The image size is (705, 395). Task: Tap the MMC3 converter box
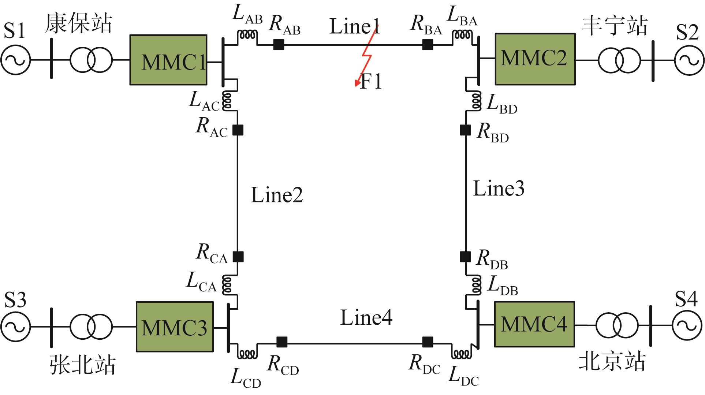tap(175, 327)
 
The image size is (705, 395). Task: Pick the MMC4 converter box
tap(534, 324)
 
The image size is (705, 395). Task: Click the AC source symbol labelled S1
tap(15, 60)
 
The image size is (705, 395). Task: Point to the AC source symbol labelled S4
tap(687, 325)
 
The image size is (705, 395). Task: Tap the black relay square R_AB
tap(279, 45)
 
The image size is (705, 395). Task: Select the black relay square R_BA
tap(428, 45)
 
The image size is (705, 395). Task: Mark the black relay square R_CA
tap(238, 257)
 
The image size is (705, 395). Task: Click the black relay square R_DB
tap(465, 257)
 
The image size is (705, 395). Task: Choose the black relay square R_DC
tap(428, 342)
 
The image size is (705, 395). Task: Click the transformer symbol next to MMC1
tap(90, 60)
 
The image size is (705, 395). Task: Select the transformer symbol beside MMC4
tap(617, 325)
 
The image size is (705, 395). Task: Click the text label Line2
tap(277, 195)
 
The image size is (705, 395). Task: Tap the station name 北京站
tap(612, 362)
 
